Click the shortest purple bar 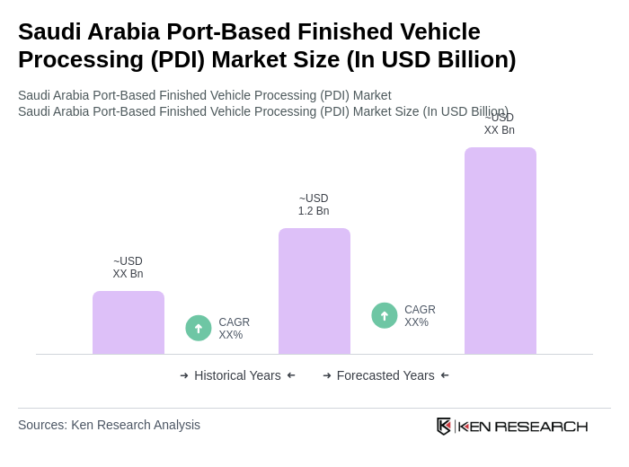(x=128, y=322)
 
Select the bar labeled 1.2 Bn (x=314, y=291)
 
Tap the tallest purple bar (x=501, y=251)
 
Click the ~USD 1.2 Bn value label (x=314, y=205)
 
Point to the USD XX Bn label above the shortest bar (x=128, y=268)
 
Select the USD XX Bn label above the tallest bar (x=500, y=125)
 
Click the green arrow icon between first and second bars (x=199, y=329)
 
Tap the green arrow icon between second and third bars (x=385, y=316)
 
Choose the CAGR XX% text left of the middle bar (x=234, y=329)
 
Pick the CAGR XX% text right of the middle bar (x=420, y=316)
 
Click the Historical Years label (x=237, y=375)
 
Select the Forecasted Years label (x=385, y=375)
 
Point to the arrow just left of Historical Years (x=184, y=375)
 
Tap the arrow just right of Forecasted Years (x=445, y=375)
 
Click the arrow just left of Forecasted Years (x=327, y=375)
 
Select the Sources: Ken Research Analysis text (x=109, y=425)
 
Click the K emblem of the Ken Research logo (x=444, y=426)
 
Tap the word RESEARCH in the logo (x=541, y=426)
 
